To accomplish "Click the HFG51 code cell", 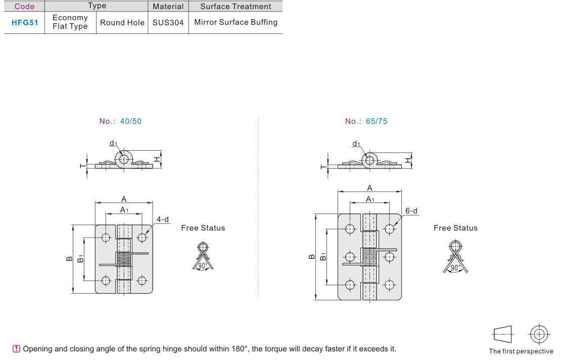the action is pos(25,23).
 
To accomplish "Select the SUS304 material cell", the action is pos(168,23).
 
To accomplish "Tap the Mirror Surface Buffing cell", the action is pos(236,22).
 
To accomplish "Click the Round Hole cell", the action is pos(122,23).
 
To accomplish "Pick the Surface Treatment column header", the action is pos(236,7).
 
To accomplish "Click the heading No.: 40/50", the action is pos(120,121).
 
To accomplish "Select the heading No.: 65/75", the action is pos(366,121).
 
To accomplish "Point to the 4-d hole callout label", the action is pos(162,219).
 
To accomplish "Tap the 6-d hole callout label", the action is pos(411,211).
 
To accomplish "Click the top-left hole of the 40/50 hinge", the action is pos(106,237).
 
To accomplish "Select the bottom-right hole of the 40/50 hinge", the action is pos(142,281).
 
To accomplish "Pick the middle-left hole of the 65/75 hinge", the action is pos(350,257).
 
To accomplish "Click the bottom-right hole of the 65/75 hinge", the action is pos(389,285).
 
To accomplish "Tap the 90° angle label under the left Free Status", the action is pos(203,266).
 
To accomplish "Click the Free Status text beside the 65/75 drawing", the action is pos(455,228).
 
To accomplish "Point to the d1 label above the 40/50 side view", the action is pos(113,143).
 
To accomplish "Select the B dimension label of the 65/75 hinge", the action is pos(312,256).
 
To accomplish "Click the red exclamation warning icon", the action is pos(17,349).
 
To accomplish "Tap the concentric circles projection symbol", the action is pos(539,335).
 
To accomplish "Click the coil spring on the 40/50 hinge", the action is pos(124,259).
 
